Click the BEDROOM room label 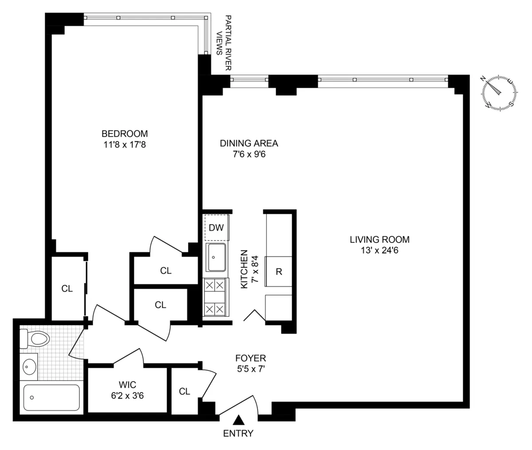125,133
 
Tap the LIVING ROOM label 379,240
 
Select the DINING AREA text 249,143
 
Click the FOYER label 250,358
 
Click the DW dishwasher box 216,228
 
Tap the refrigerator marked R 279,271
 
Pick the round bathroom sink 30,367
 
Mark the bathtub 51,398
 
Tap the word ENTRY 238,434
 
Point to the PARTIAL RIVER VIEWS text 224,43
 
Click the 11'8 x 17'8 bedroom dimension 125,144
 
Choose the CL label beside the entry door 184,391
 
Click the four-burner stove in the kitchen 215,297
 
